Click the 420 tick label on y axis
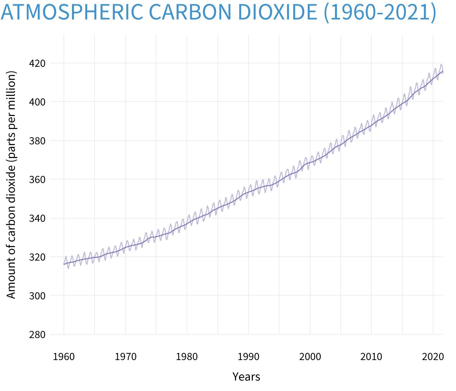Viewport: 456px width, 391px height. coord(37,63)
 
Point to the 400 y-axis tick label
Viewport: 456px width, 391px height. coord(37,102)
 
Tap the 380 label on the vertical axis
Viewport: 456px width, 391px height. coord(37,141)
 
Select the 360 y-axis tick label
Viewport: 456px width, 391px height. coord(37,180)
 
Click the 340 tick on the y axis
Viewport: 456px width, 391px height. coord(37,218)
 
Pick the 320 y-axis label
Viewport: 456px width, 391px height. coord(37,257)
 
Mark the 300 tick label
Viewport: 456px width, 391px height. coord(37,296)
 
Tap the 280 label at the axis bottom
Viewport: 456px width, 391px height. coord(37,335)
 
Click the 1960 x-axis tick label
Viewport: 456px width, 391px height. coord(64,357)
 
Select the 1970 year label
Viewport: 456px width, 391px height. coord(125,357)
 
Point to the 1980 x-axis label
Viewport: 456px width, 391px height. coord(187,357)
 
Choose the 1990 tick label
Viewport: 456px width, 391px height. coord(249,357)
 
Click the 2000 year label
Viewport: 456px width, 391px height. coord(310,357)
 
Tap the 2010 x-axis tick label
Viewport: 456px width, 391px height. coord(371,357)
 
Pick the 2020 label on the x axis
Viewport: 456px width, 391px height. coord(433,357)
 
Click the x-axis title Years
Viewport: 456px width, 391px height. coord(246,377)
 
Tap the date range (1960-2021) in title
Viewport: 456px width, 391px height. coord(380,12)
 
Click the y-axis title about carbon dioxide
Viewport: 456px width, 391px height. coord(11,185)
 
